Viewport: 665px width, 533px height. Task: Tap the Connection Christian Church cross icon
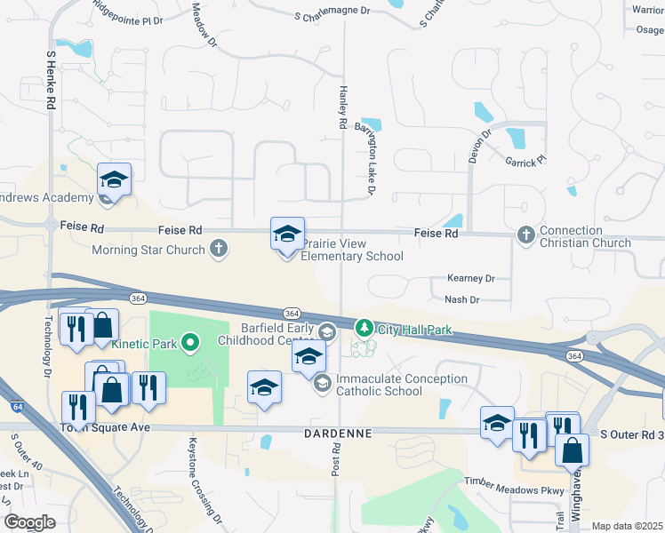pyautogui.click(x=525, y=235)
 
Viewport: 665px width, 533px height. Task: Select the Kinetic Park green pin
pyautogui.click(x=189, y=342)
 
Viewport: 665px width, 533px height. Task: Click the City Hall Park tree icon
pyautogui.click(x=364, y=330)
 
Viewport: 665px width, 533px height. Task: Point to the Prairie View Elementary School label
pyautogui.click(x=352, y=250)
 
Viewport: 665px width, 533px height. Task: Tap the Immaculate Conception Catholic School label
pyautogui.click(x=401, y=385)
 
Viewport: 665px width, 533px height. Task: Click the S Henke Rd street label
pyautogui.click(x=51, y=80)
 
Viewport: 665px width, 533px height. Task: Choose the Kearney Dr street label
pyautogui.click(x=471, y=279)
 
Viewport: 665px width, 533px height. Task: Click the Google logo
pyautogui.click(x=29, y=522)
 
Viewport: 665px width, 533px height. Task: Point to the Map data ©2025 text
pyautogui.click(x=627, y=526)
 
